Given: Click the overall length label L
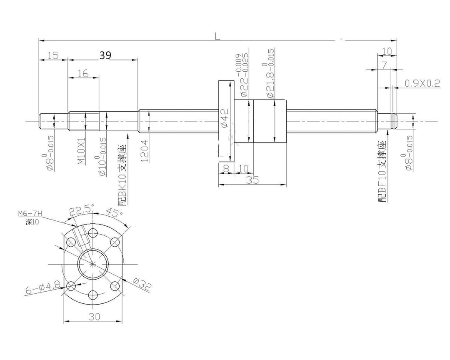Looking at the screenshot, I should (217, 36).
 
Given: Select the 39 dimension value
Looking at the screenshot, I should (105, 55).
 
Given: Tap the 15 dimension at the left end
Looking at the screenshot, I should (52, 55).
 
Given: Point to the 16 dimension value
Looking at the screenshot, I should (83, 73).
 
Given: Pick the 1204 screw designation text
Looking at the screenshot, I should (145, 151).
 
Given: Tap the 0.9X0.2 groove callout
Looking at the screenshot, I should (422, 83).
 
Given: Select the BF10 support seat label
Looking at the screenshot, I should (382, 172).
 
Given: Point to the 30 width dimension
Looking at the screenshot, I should (94, 316).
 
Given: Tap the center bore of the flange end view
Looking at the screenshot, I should (94, 263).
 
